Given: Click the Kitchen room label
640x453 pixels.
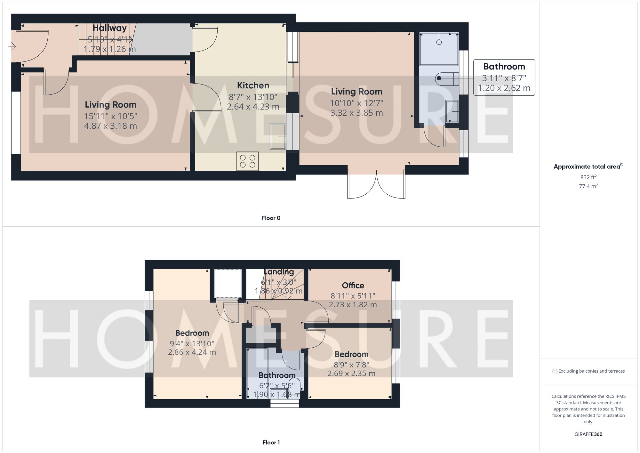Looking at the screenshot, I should (x=253, y=85).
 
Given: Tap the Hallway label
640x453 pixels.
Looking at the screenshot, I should (x=109, y=28).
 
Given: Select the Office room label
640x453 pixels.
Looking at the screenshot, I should (x=353, y=286).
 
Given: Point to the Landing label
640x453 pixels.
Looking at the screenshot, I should (x=279, y=272).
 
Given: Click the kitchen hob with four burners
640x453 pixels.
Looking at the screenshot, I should (x=247, y=161).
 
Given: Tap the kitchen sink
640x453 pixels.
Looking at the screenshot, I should (x=277, y=137).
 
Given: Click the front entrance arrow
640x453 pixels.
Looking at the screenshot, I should (x=12, y=47).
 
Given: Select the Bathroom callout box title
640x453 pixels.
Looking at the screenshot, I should (x=504, y=67).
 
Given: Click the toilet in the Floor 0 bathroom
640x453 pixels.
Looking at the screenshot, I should (x=446, y=78).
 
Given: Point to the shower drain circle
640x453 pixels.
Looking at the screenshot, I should (x=439, y=42).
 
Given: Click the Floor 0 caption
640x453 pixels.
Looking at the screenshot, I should (x=271, y=218).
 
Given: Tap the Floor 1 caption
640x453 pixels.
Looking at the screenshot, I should (x=271, y=442).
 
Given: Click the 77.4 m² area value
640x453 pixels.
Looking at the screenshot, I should (x=588, y=186).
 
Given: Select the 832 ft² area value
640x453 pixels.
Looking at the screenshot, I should (x=588, y=177).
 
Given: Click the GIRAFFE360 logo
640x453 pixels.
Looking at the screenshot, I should (x=588, y=434).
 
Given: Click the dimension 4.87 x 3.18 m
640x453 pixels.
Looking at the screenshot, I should (x=110, y=126).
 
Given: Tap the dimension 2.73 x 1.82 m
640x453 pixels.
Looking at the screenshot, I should (x=353, y=305).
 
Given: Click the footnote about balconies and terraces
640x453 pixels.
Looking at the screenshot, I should (x=588, y=371).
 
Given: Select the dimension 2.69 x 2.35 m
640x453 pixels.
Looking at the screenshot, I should (x=351, y=374).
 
